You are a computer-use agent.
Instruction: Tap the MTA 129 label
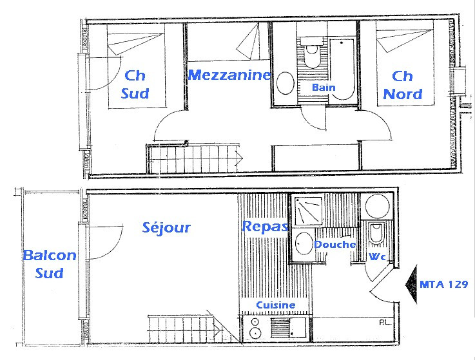coord(443,283)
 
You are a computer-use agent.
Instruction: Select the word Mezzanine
coord(229,75)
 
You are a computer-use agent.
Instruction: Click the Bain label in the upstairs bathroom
coord(323,87)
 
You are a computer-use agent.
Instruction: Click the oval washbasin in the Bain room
coord(285,82)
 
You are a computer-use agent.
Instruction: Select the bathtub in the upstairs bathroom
coord(342,68)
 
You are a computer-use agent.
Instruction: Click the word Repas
coord(265,227)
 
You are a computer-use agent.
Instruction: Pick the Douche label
coord(334,245)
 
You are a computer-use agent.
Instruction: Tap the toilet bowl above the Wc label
coord(374,234)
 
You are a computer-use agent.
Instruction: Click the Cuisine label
coord(276,305)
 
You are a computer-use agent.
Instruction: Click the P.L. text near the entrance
coord(384,322)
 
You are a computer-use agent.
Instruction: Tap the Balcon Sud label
coord(50,264)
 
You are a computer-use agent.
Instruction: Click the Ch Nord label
coord(403,85)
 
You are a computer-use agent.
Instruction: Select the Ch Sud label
coord(135,84)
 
